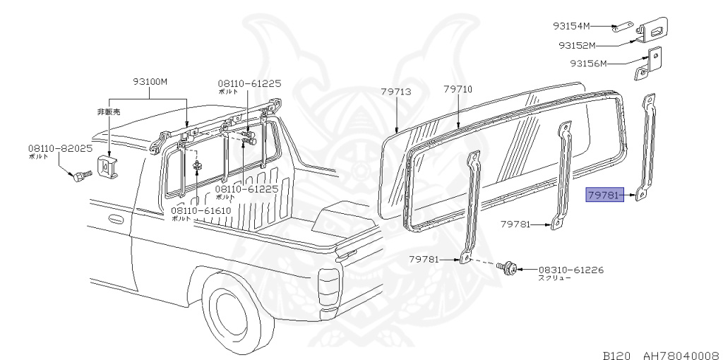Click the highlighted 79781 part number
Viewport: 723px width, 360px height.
604,196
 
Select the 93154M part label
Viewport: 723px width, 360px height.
571,27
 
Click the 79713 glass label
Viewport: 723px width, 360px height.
396,92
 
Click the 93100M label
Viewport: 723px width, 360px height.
150,81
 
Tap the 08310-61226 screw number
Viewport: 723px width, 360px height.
571,270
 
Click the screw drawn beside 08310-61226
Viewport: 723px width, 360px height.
506,268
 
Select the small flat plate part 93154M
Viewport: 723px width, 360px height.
621,28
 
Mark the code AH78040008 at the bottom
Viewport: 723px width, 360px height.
681,353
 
